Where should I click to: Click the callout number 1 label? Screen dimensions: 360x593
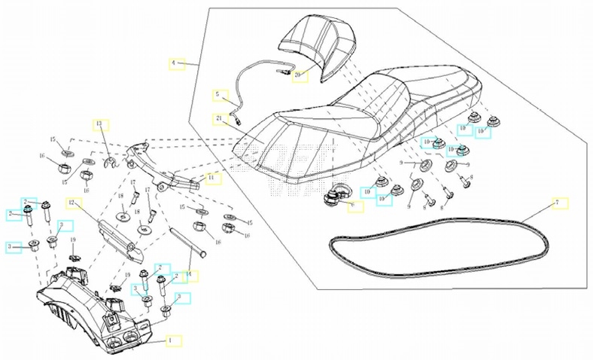(173, 340)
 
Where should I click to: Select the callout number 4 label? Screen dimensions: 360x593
(177, 64)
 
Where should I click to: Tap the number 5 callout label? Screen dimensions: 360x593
(218, 96)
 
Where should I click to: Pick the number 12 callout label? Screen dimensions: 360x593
(72, 203)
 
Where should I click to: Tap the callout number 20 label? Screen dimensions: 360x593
(300, 76)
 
